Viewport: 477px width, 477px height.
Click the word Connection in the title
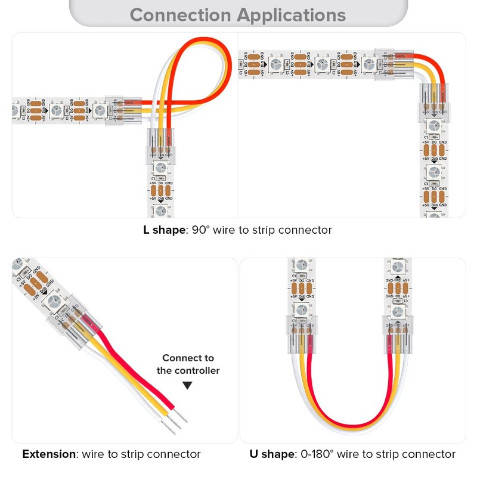[x=179, y=14]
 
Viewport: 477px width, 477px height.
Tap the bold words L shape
[x=164, y=230]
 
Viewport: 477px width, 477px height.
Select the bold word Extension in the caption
[x=49, y=454]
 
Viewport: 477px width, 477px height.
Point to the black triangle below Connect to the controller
[x=188, y=386]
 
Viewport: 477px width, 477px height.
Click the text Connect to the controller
[x=188, y=364]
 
